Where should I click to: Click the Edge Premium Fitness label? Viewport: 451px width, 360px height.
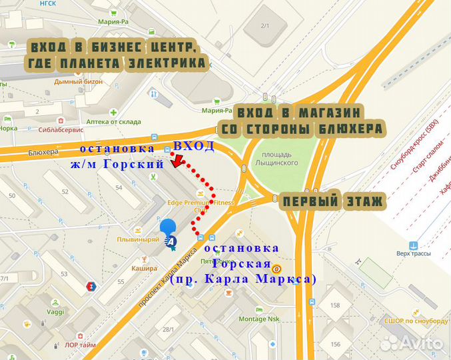[199, 203]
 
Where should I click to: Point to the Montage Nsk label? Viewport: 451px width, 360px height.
[259, 318]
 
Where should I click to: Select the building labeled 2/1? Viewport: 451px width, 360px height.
[264, 25]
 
